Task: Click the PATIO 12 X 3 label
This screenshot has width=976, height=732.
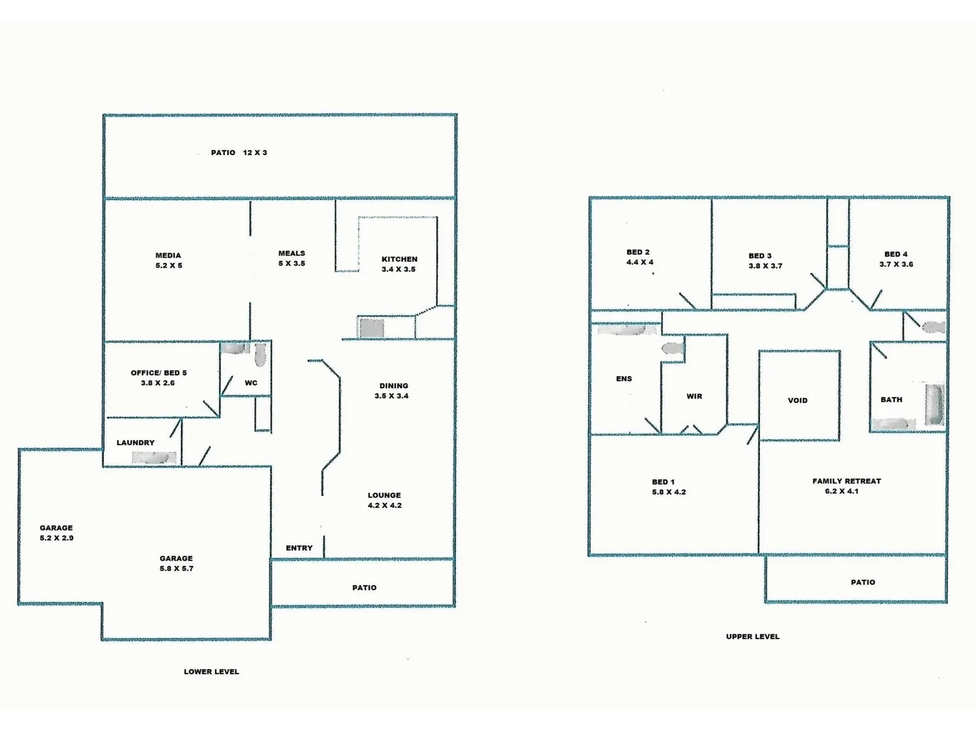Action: [x=239, y=152]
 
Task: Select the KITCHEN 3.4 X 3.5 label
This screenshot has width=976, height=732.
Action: [x=399, y=264]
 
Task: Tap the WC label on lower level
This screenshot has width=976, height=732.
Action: [x=251, y=383]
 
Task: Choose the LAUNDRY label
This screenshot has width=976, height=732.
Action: [x=136, y=443]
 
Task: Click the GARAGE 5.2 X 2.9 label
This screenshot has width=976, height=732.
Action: [x=56, y=533]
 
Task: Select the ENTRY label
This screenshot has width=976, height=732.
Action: [x=299, y=548]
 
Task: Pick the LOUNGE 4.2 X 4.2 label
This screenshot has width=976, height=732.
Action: [x=384, y=500]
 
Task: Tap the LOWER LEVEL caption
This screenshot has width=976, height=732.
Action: [x=211, y=672]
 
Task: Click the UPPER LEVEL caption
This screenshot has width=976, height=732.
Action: [x=752, y=636]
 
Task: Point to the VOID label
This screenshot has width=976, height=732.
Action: [x=797, y=401]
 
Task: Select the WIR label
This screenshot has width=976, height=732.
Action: [x=694, y=396]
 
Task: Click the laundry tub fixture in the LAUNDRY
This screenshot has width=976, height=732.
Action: [x=155, y=458]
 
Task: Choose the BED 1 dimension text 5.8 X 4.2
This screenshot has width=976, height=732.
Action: [x=668, y=492]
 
